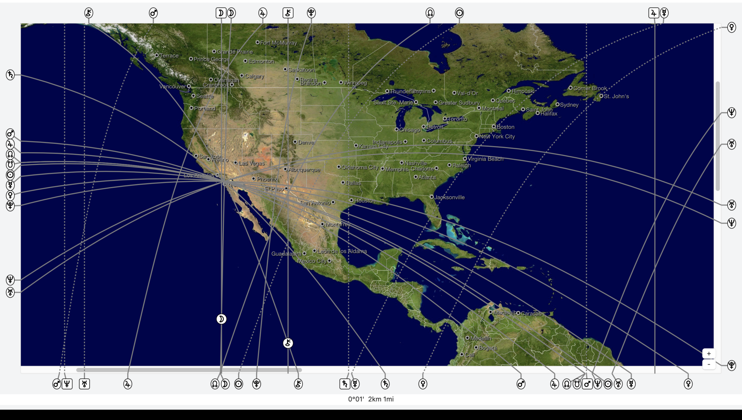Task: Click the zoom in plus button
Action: click(709, 353)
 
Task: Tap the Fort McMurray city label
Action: click(278, 43)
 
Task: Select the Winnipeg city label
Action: click(355, 83)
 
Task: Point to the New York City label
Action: click(497, 137)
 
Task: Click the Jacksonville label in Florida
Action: click(449, 197)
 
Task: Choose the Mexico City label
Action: click(312, 261)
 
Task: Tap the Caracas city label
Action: click(531, 313)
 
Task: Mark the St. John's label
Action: click(616, 96)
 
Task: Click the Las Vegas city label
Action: click(251, 163)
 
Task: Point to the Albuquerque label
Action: click(304, 170)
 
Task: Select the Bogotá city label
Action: click(488, 348)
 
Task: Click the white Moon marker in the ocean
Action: click(221, 319)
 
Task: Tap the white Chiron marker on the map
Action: click(288, 343)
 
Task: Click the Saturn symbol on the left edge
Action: click(10, 75)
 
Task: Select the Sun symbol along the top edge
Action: click(459, 13)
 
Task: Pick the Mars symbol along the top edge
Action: click(153, 13)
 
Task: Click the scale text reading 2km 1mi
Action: click(380, 399)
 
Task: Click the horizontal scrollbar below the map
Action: click(188, 370)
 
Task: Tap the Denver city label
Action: click(306, 142)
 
